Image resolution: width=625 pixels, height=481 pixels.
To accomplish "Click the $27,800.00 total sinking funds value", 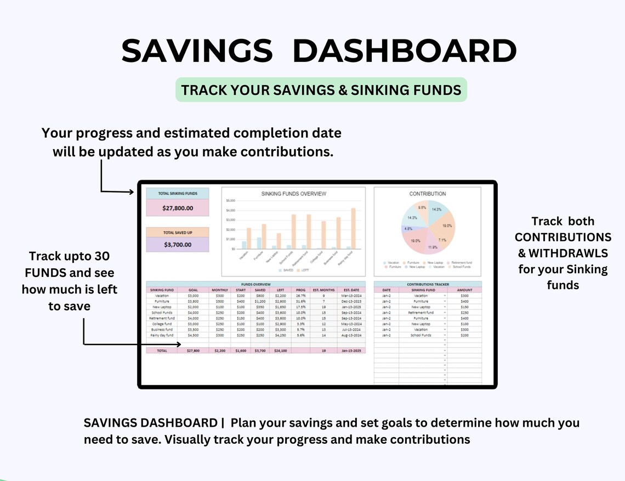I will click(x=177, y=208).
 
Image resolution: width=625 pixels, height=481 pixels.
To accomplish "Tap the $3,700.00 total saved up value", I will click(x=177, y=245).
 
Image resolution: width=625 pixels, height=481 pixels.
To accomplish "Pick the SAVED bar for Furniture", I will click(x=259, y=243).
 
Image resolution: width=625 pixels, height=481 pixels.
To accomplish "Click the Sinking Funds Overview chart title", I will click(x=293, y=194).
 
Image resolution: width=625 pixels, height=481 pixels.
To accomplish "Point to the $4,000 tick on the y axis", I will click(x=230, y=211).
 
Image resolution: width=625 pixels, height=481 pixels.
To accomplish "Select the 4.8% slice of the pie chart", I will click(x=408, y=229).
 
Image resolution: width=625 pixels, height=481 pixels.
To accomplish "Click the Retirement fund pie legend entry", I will click(x=461, y=263).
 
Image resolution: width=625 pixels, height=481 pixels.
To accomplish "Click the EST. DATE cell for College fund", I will click(x=351, y=324).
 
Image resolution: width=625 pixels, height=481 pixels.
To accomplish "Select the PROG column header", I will click(x=300, y=290).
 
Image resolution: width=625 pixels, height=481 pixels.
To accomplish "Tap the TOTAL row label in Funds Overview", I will click(x=162, y=350).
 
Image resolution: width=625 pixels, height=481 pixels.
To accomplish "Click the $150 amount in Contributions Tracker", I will click(x=465, y=307).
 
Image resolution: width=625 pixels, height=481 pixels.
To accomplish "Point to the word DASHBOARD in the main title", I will click(x=405, y=52).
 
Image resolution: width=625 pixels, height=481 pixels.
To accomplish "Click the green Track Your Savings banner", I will click(x=321, y=90).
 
